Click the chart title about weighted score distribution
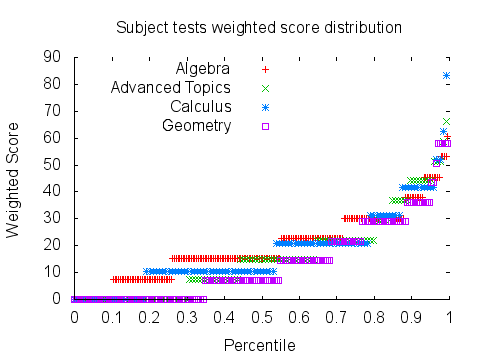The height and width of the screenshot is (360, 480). click(259, 27)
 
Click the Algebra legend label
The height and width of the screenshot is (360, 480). click(203, 69)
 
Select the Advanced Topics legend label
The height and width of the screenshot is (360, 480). click(171, 88)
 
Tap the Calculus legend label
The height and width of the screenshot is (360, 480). click(201, 107)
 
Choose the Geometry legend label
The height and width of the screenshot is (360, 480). click(197, 126)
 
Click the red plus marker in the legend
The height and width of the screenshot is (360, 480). click(265, 70)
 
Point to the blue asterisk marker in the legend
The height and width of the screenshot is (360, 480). click(265, 107)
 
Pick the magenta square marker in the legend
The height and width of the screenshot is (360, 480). click(265, 126)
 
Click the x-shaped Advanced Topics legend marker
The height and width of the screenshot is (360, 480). click(265, 88)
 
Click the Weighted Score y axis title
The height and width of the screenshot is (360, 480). click(14, 178)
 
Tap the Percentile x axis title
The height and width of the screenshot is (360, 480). click(259, 345)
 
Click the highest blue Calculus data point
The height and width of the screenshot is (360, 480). click(447, 76)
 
